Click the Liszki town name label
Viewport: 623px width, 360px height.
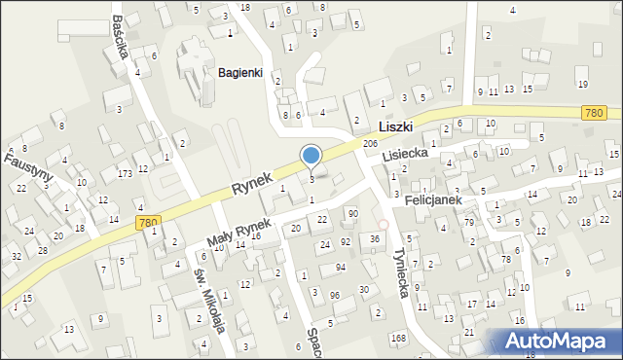click(x=395, y=126)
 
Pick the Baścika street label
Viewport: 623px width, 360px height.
click(x=120, y=36)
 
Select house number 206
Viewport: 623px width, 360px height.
click(x=370, y=144)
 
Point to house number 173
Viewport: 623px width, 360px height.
click(x=125, y=173)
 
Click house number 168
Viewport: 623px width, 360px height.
click(x=397, y=338)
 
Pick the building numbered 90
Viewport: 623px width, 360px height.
click(x=352, y=213)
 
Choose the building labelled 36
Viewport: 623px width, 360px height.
click(x=375, y=238)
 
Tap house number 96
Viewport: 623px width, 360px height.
click(x=335, y=295)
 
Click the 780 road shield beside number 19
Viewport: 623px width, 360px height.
click(x=596, y=114)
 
